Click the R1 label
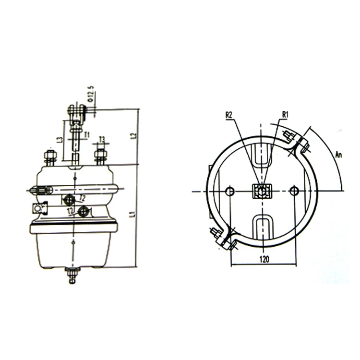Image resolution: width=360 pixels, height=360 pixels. point(285,114)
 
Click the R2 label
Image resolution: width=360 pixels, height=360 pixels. point(229,115)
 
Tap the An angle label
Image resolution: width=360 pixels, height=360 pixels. point(338,155)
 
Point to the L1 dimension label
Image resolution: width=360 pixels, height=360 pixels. point(132,216)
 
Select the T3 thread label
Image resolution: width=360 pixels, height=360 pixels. point(101,140)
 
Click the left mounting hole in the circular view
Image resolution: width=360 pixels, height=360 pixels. point(230,192)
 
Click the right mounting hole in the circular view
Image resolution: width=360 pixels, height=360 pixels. point(295,192)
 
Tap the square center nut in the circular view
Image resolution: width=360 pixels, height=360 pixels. point(262,192)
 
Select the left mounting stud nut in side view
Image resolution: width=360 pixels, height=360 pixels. point(48,156)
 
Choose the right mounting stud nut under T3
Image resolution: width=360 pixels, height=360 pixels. point(100,156)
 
